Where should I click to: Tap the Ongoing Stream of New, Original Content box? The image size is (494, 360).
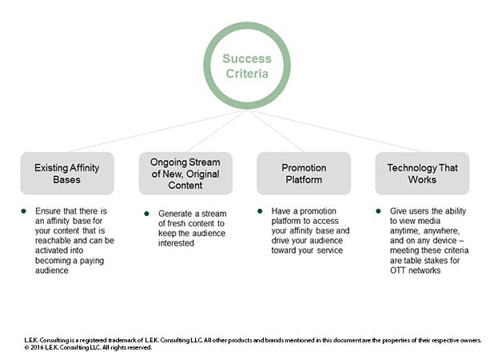point(185,174)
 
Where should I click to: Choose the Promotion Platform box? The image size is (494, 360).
point(303,174)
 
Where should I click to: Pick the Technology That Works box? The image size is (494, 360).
point(422,174)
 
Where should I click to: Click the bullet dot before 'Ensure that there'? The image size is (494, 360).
point(25,210)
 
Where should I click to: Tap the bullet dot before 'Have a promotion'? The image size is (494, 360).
point(261,211)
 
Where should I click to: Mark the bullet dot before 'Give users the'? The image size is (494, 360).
point(380,211)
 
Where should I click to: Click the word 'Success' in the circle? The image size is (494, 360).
point(246,59)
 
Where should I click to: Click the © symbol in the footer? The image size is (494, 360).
point(26,347)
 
